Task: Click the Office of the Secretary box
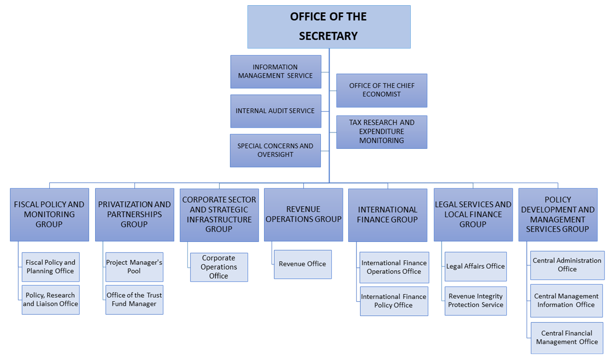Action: (x=329, y=27)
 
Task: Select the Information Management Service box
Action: (x=276, y=72)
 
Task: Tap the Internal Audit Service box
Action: (x=276, y=111)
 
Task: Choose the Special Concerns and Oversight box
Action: (x=275, y=151)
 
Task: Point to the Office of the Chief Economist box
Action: (x=382, y=90)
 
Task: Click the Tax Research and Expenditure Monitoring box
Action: (x=382, y=132)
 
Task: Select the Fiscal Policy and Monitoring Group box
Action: (x=50, y=215)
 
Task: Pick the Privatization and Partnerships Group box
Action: (x=134, y=215)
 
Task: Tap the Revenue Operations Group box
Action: (x=303, y=215)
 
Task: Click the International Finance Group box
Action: (x=387, y=215)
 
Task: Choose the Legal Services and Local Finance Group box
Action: (x=473, y=215)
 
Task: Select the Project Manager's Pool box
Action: (x=134, y=267)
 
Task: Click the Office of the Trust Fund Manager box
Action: (x=134, y=300)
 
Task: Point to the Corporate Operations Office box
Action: (x=219, y=267)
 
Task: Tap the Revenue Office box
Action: (x=303, y=264)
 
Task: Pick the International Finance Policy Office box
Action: (x=394, y=301)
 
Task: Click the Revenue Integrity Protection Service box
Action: (x=476, y=301)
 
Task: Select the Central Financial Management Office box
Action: (x=567, y=338)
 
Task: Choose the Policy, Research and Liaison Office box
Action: (x=51, y=300)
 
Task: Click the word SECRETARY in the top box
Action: (x=329, y=36)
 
